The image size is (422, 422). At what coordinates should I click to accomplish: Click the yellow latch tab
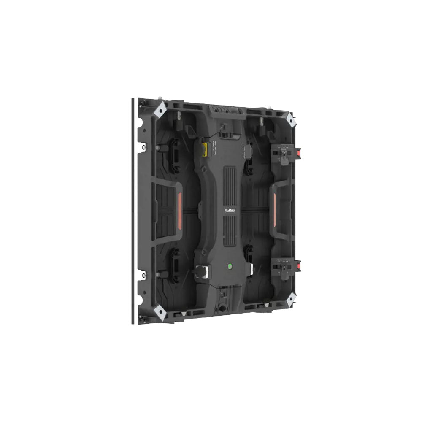click(205, 149)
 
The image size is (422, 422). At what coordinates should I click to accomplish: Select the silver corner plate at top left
click(161, 111)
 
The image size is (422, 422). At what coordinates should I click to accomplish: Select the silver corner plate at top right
click(291, 120)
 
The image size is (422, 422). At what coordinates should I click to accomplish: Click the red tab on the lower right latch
click(299, 266)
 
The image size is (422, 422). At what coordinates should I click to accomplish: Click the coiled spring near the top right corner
click(262, 122)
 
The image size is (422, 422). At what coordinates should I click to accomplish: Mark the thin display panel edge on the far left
click(133, 211)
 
